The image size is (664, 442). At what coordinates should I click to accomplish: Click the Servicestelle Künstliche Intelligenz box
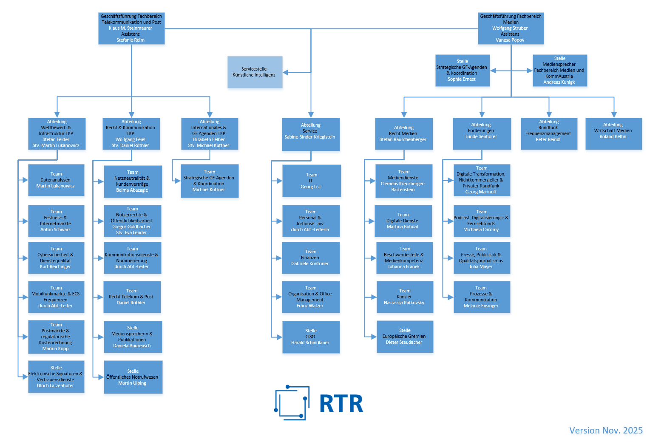click(x=255, y=72)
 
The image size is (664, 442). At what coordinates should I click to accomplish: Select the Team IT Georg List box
click(x=311, y=181)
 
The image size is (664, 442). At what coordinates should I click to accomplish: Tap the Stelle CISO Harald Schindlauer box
click(x=311, y=337)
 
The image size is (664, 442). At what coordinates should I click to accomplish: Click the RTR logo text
click(x=341, y=404)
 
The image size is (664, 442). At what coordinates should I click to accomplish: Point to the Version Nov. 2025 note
click(x=606, y=431)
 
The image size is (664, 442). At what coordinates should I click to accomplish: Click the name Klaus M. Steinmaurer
click(x=131, y=28)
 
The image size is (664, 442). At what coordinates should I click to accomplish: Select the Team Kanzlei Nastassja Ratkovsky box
click(x=405, y=297)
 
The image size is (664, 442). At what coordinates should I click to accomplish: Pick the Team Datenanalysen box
click(x=56, y=180)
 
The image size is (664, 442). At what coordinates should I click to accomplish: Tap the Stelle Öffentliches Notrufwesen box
click(x=133, y=377)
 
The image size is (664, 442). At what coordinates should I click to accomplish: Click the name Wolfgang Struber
click(x=510, y=28)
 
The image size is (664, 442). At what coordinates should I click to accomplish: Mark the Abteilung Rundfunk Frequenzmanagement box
click(x=549, y=133)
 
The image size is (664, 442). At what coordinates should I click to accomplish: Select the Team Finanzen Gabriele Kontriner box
click(x=311, y=258)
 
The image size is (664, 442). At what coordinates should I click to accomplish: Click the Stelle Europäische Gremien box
click(x=405, y=337)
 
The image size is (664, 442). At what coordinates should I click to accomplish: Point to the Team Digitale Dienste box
click(x=403, y=221)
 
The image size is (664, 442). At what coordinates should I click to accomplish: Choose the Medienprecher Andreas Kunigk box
click(x=559, y=71)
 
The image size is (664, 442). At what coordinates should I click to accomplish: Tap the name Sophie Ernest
click(x=462, y=79)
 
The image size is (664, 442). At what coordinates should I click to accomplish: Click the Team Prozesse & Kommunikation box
click(x=482, y=297)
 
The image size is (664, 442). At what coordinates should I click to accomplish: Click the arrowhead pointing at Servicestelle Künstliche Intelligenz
click(x=286, y=73)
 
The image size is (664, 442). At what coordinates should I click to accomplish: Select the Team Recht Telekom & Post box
click(x=132, y=297)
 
